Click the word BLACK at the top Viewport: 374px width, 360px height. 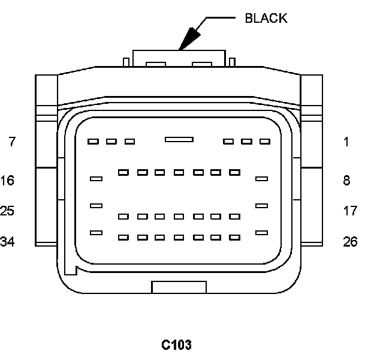266,18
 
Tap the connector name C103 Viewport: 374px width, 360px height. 176,345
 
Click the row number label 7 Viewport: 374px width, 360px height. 12,142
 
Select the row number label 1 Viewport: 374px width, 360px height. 346,142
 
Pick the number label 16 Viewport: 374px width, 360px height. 8,180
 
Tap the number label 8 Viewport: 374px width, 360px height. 346,180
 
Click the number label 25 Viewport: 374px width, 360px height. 8,211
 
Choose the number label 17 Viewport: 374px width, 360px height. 350,211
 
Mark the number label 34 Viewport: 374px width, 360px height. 8,242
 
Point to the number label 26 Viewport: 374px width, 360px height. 350,242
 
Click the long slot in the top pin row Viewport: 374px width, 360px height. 179,139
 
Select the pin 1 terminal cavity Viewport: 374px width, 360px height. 265,142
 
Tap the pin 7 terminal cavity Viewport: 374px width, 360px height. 93,142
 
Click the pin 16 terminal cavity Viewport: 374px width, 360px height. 96,178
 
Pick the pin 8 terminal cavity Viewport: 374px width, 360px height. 261,178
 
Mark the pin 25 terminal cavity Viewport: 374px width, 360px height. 96,206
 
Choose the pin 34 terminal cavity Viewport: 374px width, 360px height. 96,232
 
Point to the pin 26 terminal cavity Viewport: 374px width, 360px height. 261,232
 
